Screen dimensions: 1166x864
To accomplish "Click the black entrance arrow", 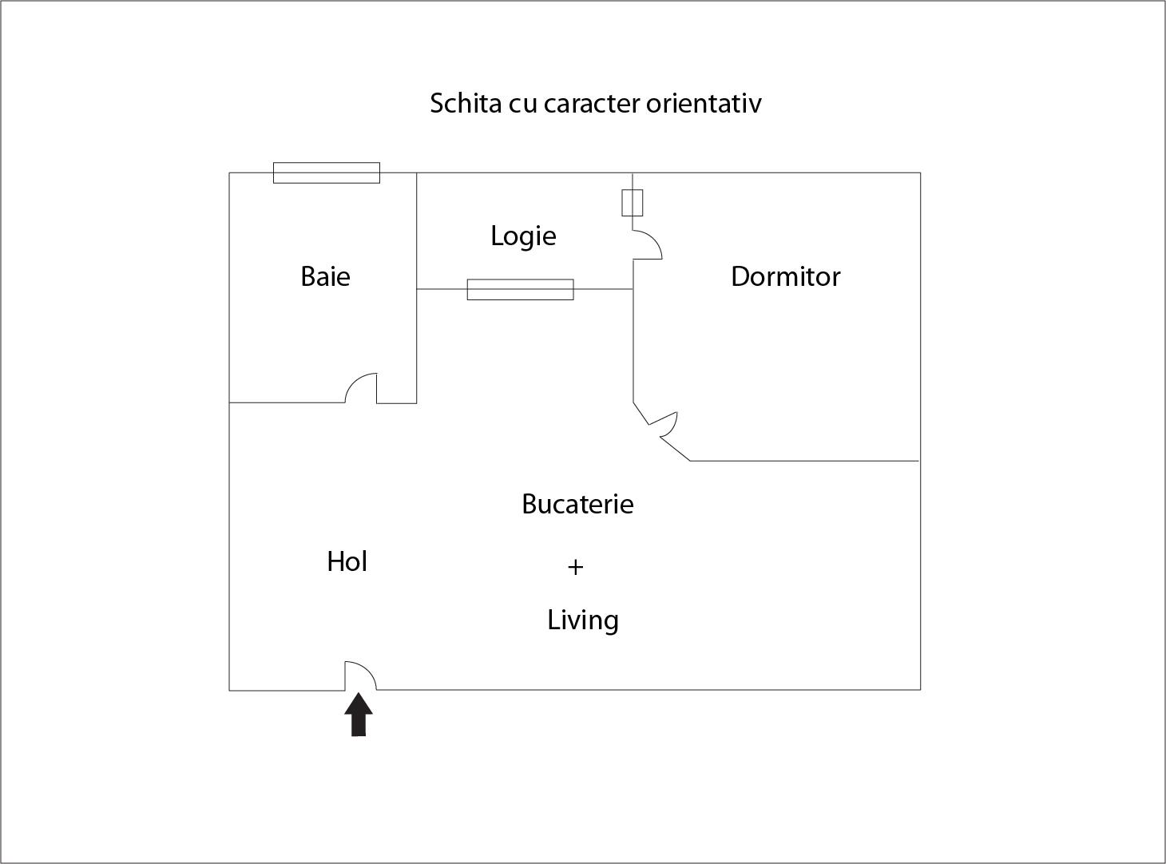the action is (x=359, y=715).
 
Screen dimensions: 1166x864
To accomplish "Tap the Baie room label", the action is (x=325, y=276).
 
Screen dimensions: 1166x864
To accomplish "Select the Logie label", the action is (x=523, y=236).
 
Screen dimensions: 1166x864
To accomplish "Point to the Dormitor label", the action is (x=785, y=276).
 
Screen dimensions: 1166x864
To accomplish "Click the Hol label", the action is (x=347, y=561).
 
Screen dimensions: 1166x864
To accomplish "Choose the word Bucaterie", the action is (x=577, y=504).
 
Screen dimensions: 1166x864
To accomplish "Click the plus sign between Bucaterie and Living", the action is (x=576, y=567).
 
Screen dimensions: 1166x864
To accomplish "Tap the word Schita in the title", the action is (x=466, y=103).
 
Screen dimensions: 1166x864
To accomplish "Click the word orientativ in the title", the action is (x=704, y=103).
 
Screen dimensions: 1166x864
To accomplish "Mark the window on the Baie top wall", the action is (x=327, y=173).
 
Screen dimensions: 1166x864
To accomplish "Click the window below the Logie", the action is (x=521, y=290).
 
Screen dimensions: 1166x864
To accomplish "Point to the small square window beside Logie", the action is (x=632, y=203).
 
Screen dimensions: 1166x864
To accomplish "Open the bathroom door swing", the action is (x=361, y=388).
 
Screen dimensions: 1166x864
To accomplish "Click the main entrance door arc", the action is (x=361, y=676).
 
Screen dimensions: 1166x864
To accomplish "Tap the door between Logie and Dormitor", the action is (x=647, y=244).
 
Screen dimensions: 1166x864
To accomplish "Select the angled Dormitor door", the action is (x=662, y=424).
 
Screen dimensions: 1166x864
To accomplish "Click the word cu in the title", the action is (x=523, y=104).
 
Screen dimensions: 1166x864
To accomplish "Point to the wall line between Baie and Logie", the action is (x=416, y=288).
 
